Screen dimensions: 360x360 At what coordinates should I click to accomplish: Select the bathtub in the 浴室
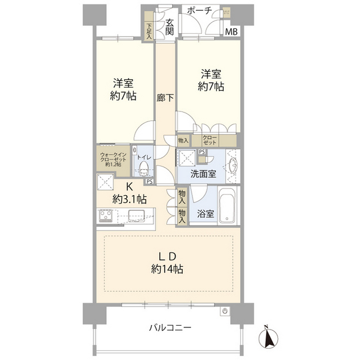click(227, 205)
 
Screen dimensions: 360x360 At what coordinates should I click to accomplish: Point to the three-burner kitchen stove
click(105, 216)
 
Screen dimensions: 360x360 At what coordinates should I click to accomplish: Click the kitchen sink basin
click(137, 216)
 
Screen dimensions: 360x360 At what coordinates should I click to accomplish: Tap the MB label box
click(231, 31)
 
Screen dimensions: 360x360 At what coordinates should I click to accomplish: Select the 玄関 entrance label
click(169, 27)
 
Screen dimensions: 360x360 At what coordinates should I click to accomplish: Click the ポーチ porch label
click(199, 11)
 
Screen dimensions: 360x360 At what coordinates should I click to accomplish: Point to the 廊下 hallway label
click(165, 98)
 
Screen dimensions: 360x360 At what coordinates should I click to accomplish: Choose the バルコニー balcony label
click(170, 327)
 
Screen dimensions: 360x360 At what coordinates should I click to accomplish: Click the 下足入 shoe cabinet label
click(149, 30)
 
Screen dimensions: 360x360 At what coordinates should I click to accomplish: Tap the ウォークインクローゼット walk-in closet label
click(113, 160)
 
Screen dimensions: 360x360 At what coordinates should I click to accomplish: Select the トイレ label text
click(144, 157)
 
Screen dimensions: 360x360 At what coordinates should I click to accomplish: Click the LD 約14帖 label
click(167, 263)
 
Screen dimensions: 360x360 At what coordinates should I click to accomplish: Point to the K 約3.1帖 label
click(129, 193)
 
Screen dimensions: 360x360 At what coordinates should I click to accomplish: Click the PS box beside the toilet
click(150, 181)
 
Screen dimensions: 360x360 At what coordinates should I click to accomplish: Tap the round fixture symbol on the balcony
click(225, 311)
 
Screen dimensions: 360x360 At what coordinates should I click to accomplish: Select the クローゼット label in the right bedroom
click(209, 140)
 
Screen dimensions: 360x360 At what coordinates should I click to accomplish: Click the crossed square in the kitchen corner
click(105, 182)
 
